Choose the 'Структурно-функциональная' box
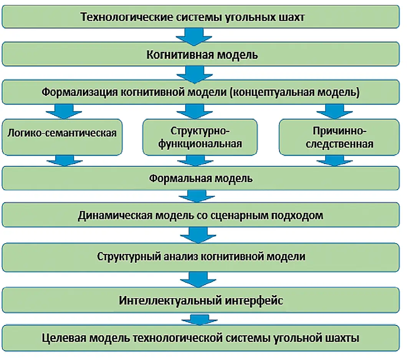(x=200, y=137)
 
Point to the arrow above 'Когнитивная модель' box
(x=194, y=37)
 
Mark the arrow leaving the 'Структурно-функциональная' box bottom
(x=194, y=160)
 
